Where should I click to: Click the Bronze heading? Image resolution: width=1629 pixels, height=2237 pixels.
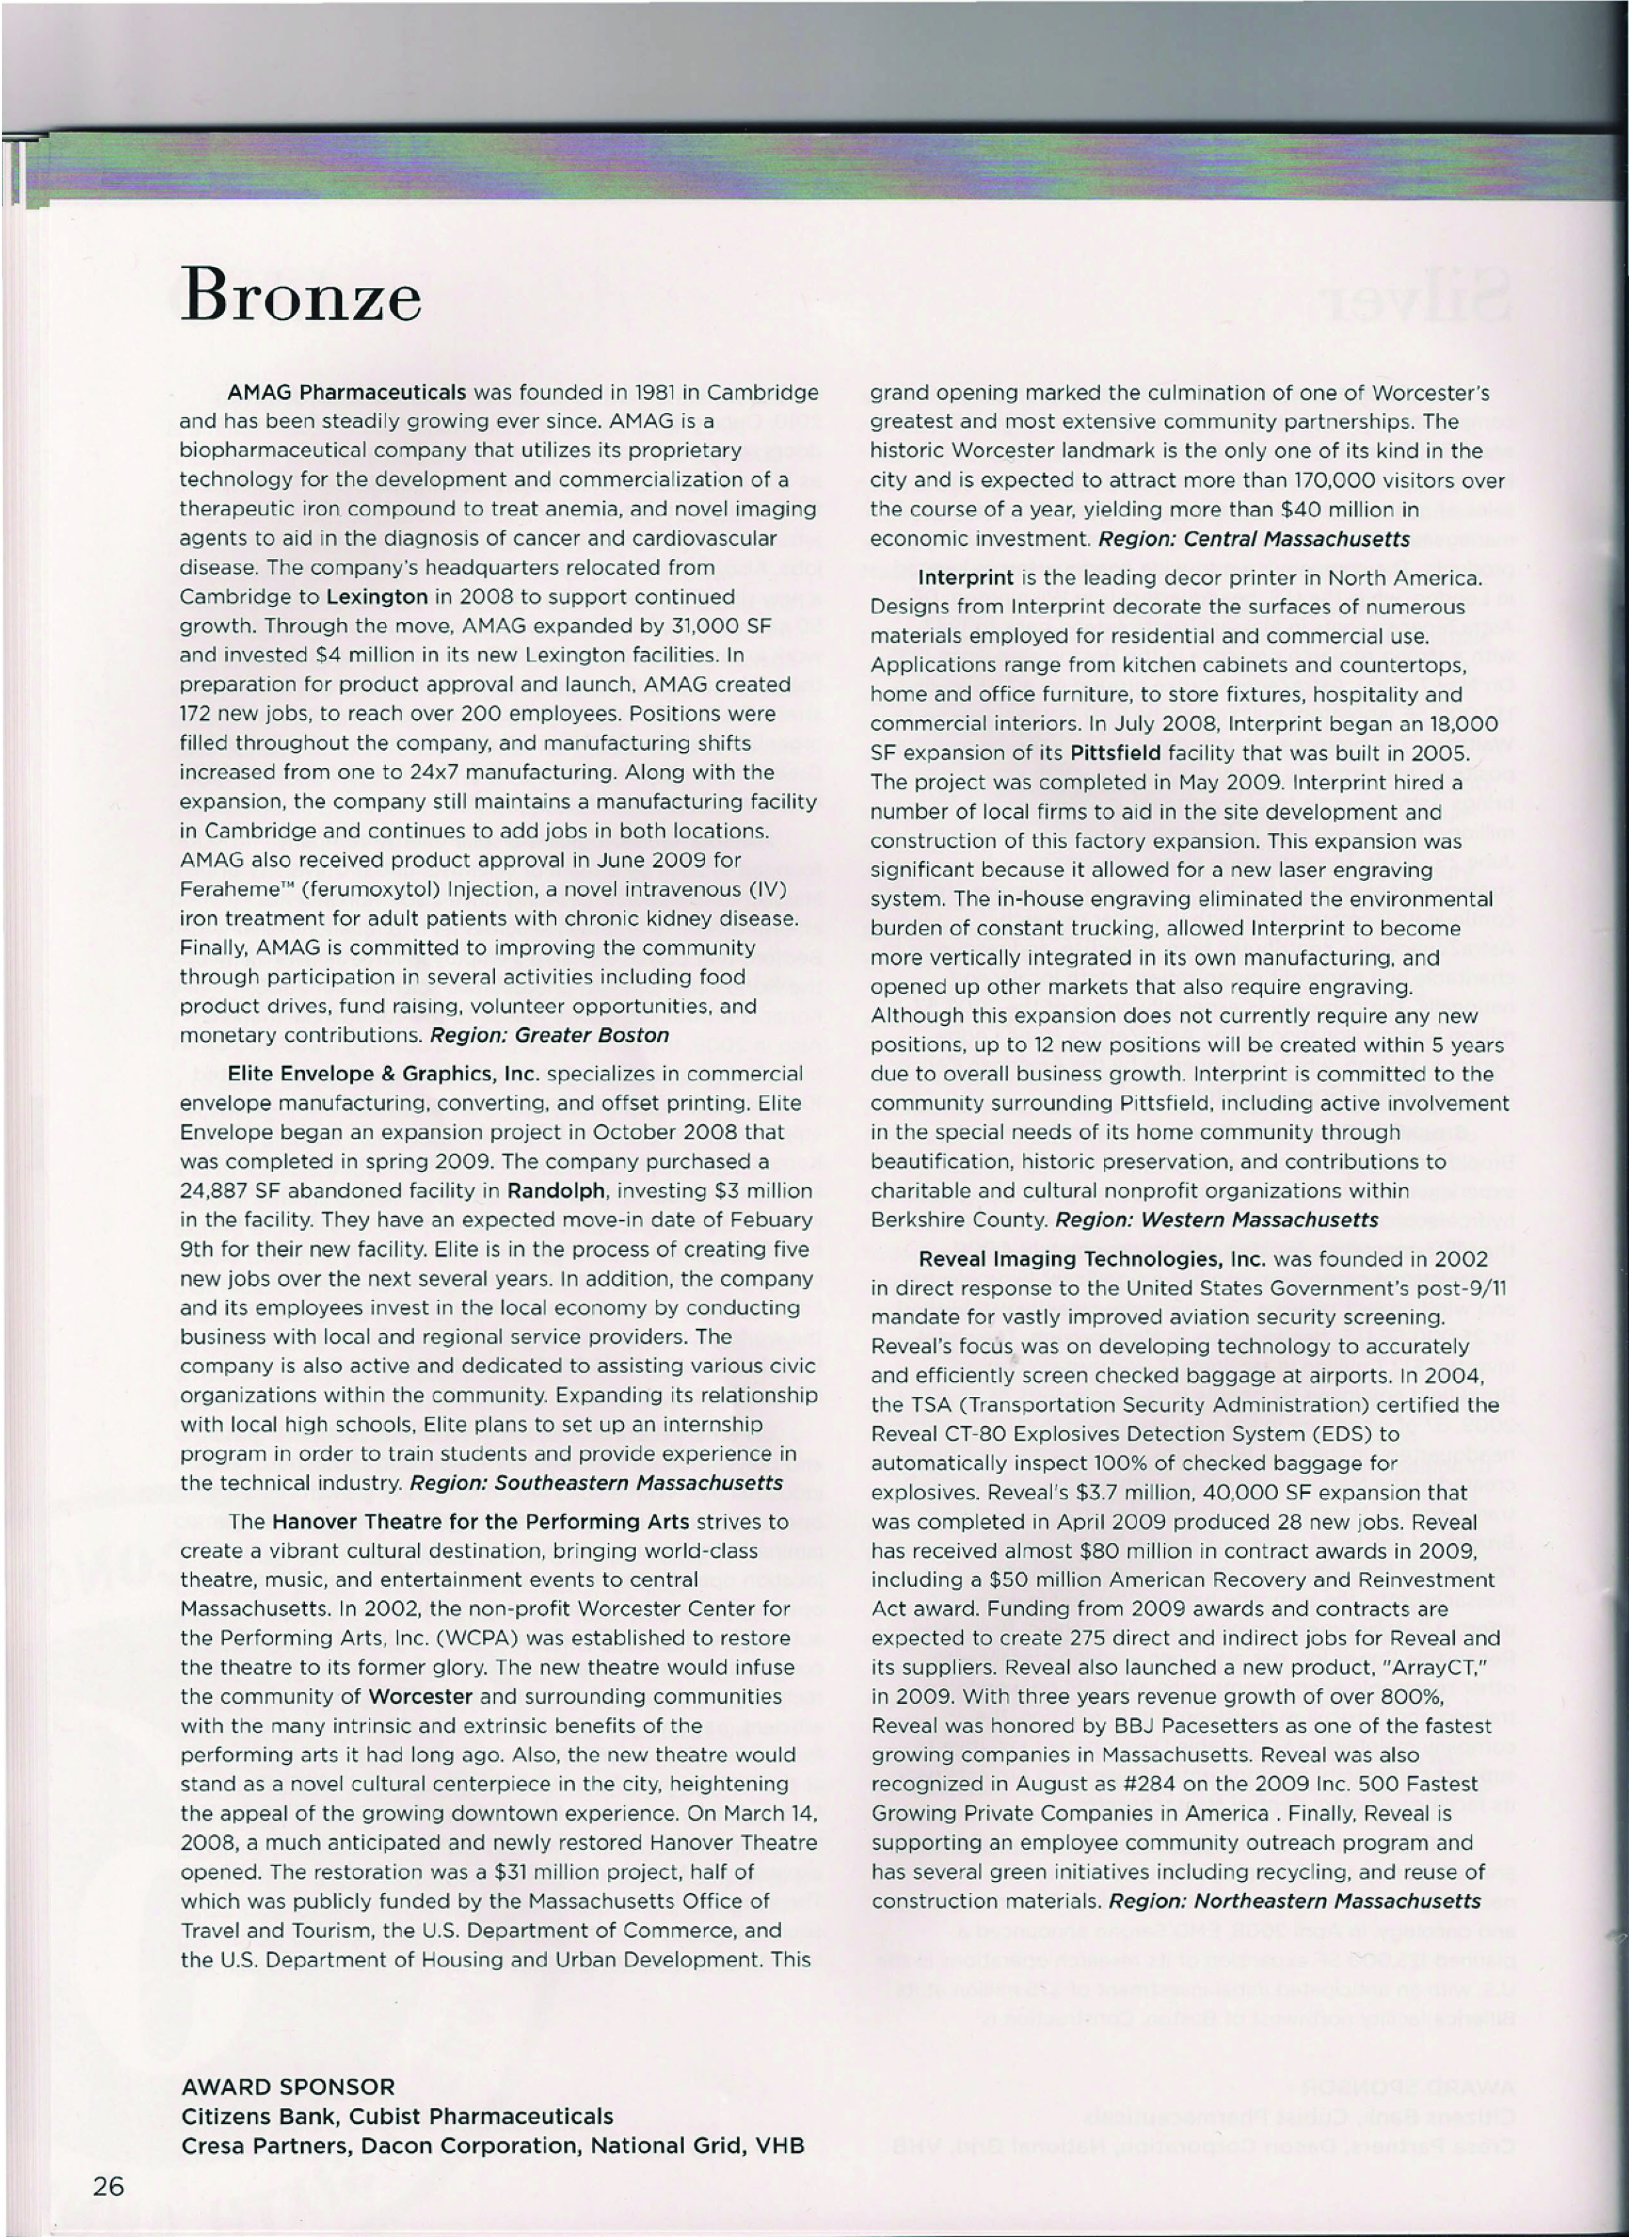tap(301, 294)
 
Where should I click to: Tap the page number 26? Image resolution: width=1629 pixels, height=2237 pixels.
tap(108, 2187)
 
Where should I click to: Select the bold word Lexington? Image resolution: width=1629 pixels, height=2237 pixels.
tap(376, 597)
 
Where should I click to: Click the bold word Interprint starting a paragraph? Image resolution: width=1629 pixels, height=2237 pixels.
tap(965, 577)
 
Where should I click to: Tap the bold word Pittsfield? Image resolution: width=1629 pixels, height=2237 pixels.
tap(1115, 753)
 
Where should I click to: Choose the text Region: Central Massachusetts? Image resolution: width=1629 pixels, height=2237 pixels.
tap(1254, 539)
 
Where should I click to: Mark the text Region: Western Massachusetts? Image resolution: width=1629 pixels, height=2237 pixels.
tap(1217, 1220)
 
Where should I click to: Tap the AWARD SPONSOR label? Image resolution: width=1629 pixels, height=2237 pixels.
tap(288, 2087)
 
